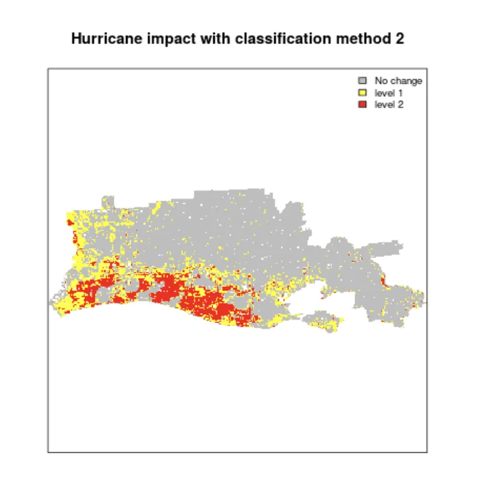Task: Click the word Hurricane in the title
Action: [x=100, y=39]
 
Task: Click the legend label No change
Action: [x=398, y=81]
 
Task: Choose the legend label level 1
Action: [x=387, y=93]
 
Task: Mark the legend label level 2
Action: [x=387, y=104]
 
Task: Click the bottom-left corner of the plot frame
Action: [x=48, y=452]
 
